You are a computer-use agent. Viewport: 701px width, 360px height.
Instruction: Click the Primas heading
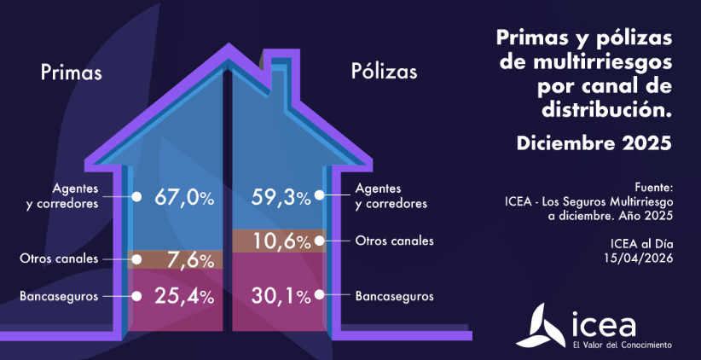pyautogui.click(x=71, y=73)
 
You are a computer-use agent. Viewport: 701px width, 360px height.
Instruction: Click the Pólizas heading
pyautogui.click(x=384, y=73)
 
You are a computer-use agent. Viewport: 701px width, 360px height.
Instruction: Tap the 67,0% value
pyautogui.click(x=183, y=197)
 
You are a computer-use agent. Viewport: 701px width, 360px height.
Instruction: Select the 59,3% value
pyautogui.click(x=281, y=197)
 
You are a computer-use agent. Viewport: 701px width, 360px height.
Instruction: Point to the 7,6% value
pyautogui.click(x=188, y=258)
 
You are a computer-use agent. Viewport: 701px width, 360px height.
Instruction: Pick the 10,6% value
pyautogui.click(x=281, y=241)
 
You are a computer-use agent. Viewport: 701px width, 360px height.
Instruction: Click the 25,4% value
pyautogui.click(x=183, y=297)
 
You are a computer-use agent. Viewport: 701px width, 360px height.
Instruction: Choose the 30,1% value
pyautogui.click(x=281, y=297)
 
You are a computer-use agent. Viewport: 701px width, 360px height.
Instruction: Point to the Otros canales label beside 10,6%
pyautogui.click(x=395, y=241)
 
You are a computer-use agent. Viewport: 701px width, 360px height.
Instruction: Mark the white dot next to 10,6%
pyautogui.click(x=320, y=241)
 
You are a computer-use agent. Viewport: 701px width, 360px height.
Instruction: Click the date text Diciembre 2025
pyautogui.click(x=594, y=143)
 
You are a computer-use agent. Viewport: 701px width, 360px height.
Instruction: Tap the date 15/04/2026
pyautogui.click(x=640, y=258)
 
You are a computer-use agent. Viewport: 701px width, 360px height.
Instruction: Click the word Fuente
pyautogui.click(x=654, y=187)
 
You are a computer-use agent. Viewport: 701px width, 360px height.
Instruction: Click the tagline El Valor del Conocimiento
pyautogui.click(x=622, y=345)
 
